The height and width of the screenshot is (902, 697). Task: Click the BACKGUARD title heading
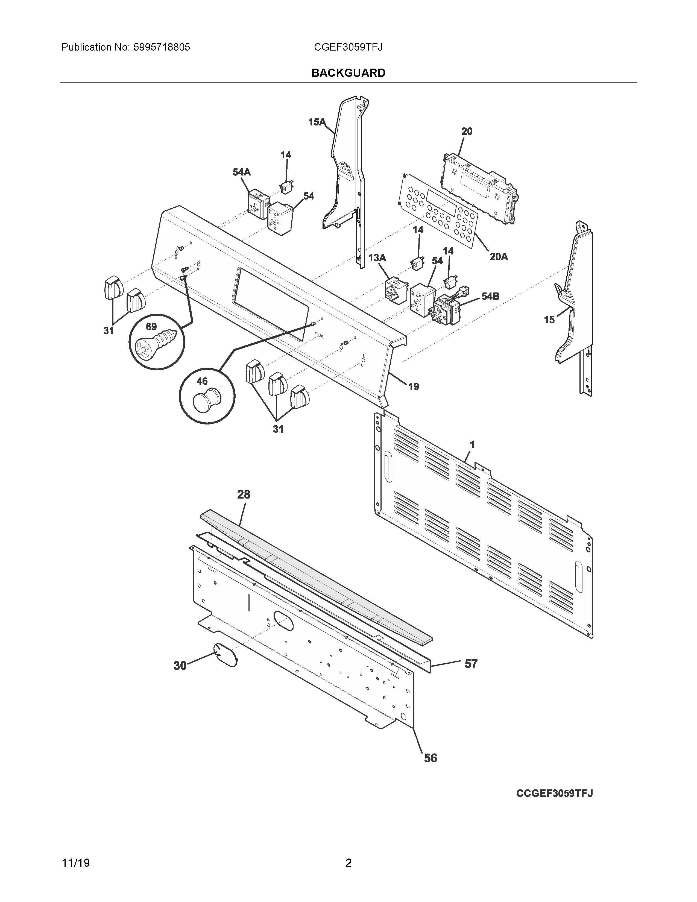348,73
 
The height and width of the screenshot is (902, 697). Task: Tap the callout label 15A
316,122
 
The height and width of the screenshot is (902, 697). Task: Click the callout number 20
467,131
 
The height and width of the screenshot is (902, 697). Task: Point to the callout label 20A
498,257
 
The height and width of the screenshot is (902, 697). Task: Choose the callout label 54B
490,296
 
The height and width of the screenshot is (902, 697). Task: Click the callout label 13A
377,258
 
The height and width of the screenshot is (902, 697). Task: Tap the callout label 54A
242,172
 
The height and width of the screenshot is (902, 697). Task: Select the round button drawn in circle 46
207,399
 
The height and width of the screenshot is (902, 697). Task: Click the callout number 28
244,494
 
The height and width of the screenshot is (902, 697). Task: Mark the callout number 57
471,664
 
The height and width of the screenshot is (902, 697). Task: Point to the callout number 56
430,758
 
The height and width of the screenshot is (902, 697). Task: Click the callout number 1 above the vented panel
472,445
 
